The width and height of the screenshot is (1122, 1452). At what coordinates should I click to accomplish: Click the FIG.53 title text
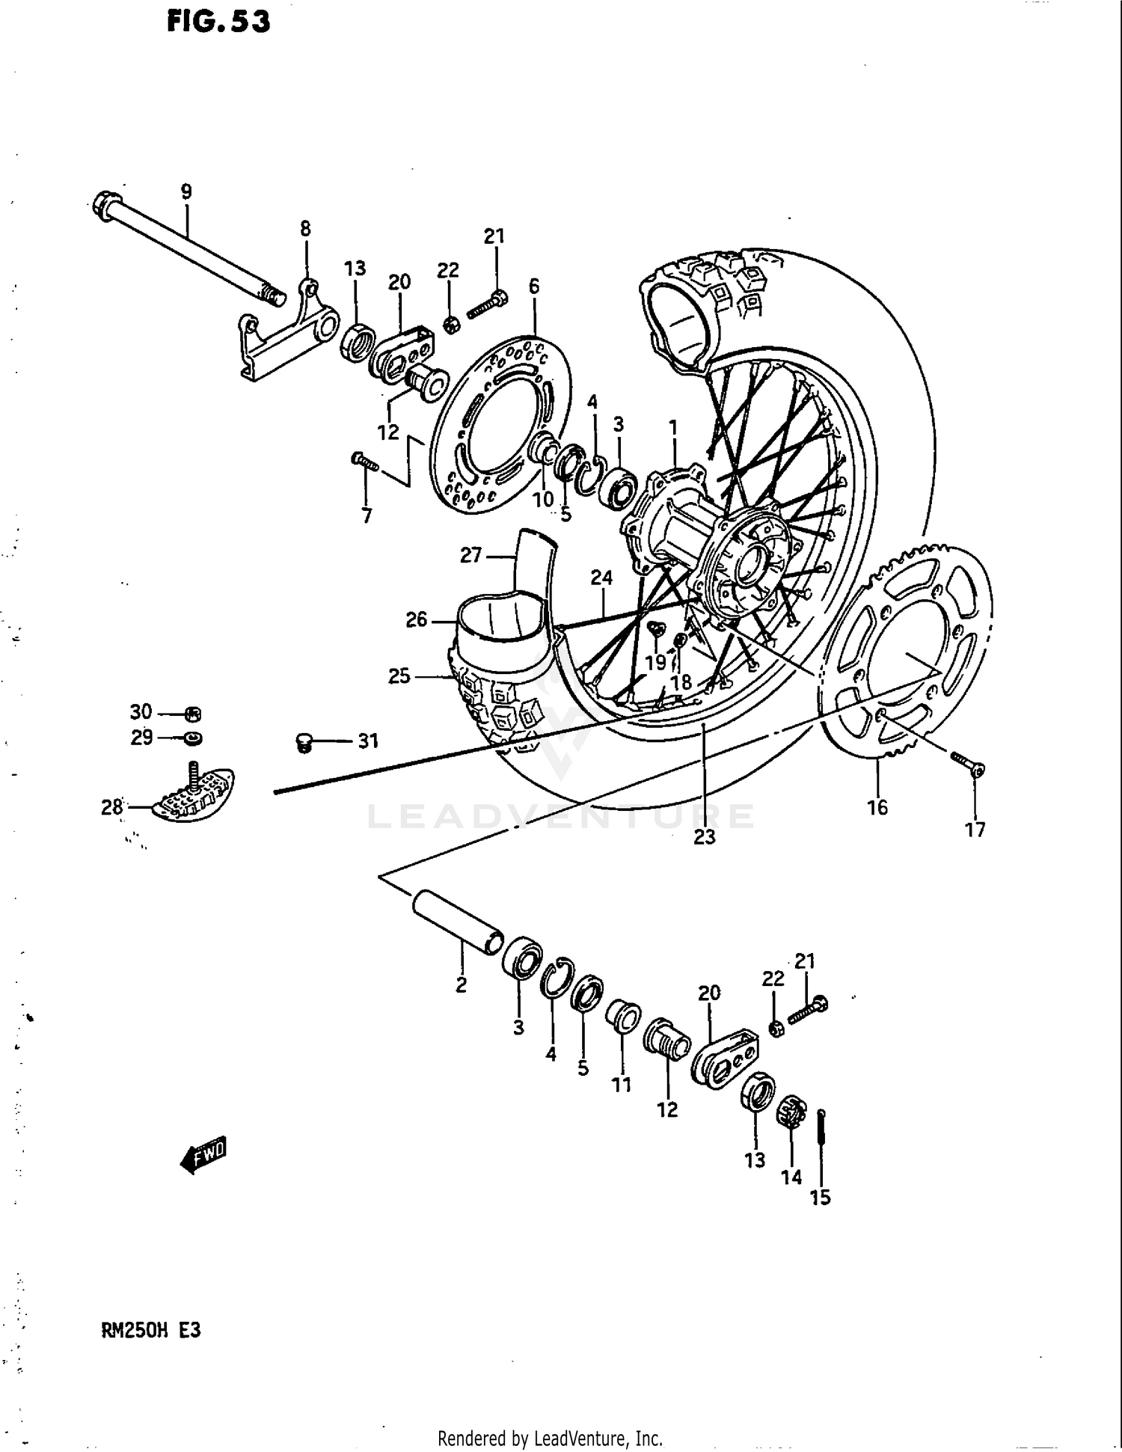(x=218, y=22)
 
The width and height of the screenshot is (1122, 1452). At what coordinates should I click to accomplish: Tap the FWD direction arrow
(x=203, y=1154)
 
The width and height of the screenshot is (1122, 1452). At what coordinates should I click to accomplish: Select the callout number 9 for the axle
(x=186, y=192)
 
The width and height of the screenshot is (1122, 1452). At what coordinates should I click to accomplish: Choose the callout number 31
(x=368, y=741)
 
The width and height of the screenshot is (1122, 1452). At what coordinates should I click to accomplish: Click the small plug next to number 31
(x=303, y=742)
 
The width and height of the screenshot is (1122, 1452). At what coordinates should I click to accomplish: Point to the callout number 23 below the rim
(x=704, y=837)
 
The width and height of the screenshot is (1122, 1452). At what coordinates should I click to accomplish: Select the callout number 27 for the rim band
(x=470, y=555)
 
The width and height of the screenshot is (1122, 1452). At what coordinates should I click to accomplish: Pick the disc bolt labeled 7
(x=365, y=462)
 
